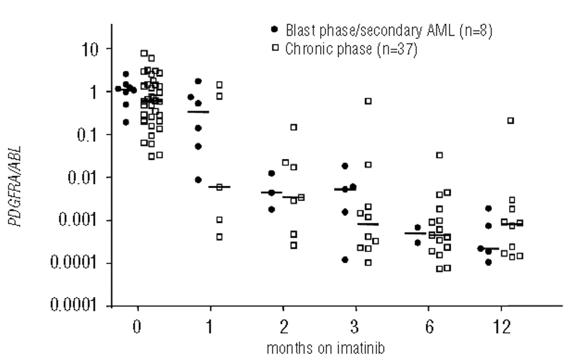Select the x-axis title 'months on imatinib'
(331, 349)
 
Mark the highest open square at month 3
(368, 101)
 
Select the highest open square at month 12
(511, 120)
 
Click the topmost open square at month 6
(440, 155)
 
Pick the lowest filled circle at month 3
(345, 260)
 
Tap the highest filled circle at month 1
(198, 81)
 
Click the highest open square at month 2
(294, 127)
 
